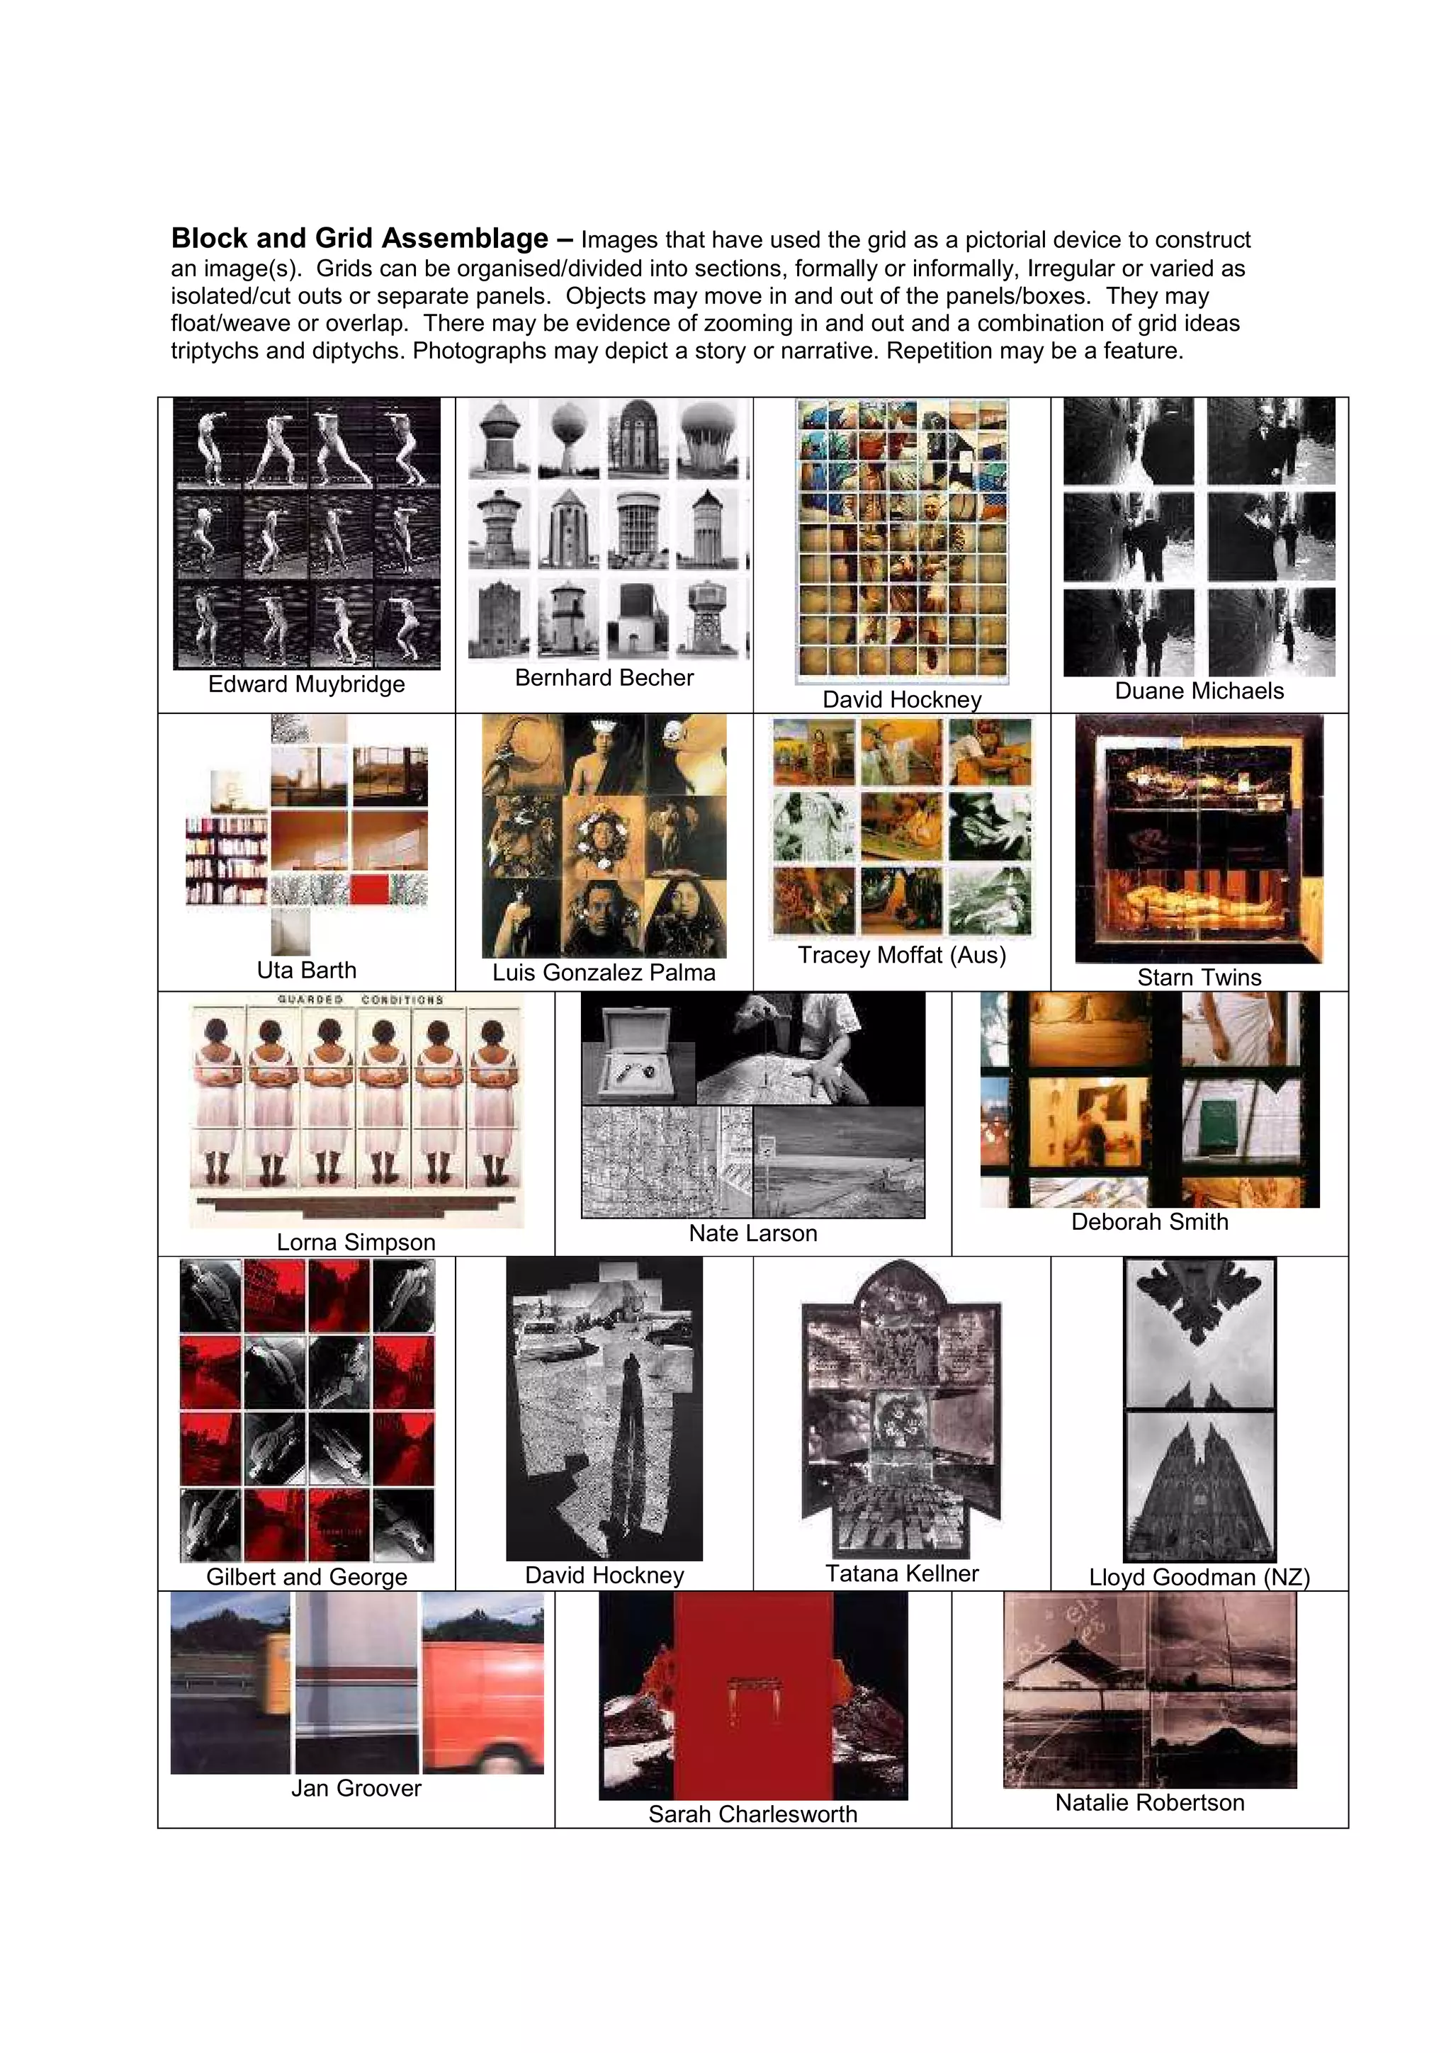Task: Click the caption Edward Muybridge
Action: [306, 684]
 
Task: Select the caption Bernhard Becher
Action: [604, 678]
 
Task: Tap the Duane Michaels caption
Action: [1198, 691]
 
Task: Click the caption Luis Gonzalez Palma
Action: [604, 973]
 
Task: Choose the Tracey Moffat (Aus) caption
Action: [901, 955]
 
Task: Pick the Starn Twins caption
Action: [1198, 978]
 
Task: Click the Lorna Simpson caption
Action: [356, 1242]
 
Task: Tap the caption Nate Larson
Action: [752, 1233]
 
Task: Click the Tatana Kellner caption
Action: [901, 1573]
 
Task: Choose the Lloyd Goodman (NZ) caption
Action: [1198, 1578]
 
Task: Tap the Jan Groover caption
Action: [356, 1788]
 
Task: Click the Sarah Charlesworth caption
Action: [752, 1814]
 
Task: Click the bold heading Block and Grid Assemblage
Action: [359, 239]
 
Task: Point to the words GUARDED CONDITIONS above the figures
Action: [359, 1000]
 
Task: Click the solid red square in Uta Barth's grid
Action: [369, 890]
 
